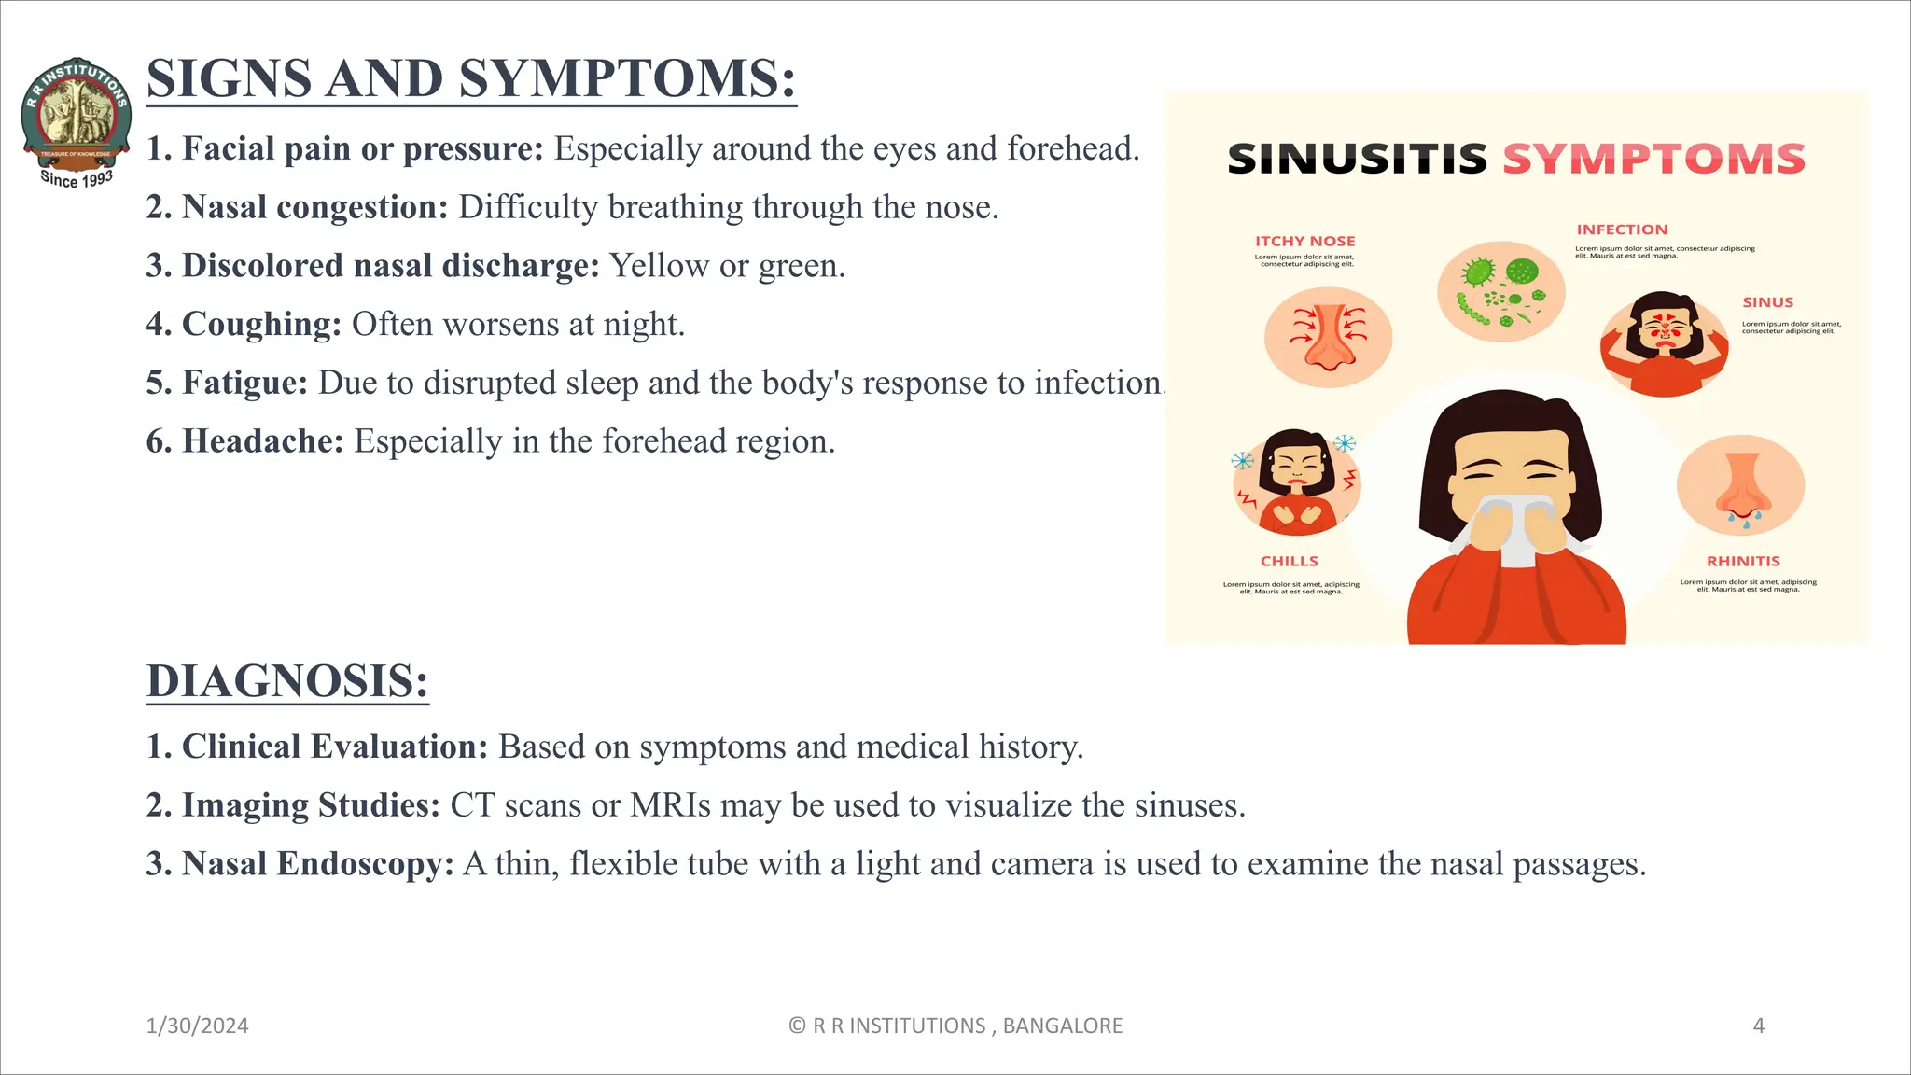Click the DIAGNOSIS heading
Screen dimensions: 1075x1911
(x=287, y=681)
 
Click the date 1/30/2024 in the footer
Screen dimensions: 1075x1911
(x=197, y=1026)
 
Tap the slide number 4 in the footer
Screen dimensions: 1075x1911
(x=1758, y=1026)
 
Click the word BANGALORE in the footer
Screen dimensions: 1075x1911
(x=1062, y=1026)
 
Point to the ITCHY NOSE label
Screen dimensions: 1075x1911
(x=1304, y=241)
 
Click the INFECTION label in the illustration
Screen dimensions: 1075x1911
(x=1622, y=230)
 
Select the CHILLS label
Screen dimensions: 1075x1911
(x=1289, y=561)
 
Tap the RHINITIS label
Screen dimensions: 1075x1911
(x=1743, y=561)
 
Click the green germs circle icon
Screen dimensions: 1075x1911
(x=1500, y=291)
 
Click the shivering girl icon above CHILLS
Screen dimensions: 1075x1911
(x=1296, y=482)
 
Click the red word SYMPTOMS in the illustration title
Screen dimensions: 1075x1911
(x=1653, y=160)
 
